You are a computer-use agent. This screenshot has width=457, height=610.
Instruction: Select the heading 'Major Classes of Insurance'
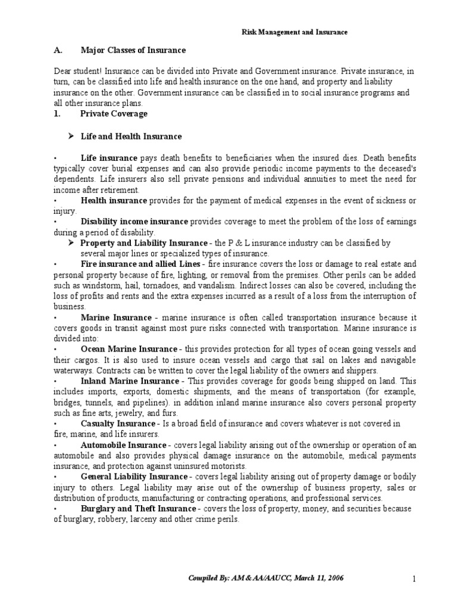(133, 50)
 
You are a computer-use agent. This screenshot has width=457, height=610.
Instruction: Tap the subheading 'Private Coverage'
(114, 113)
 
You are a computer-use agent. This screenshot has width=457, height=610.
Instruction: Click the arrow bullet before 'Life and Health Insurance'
(71, 136)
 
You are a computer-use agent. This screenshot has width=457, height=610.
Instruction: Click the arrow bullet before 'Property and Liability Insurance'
(71, 243)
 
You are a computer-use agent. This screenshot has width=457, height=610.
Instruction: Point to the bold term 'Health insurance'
(114, 200)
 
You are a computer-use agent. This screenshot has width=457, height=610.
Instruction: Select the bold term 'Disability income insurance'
(134, 222)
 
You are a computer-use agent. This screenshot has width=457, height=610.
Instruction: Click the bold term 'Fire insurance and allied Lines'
(141, 264)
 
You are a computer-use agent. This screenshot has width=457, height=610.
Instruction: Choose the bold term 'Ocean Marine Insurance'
(129, 349)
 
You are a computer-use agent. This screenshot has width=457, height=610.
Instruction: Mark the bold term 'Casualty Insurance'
(118, 424)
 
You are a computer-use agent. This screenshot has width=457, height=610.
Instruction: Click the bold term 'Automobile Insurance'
(123, 445)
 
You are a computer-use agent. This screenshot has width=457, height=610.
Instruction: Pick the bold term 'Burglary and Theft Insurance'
(138, 509)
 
